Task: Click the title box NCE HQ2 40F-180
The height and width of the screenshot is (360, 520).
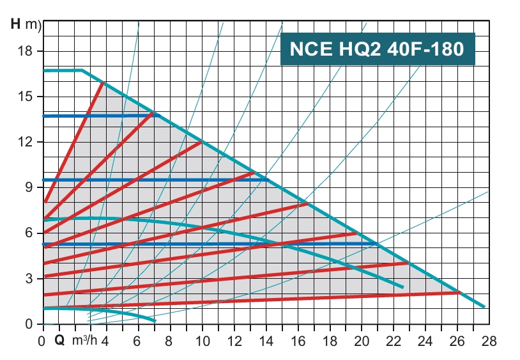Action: pos(377,49)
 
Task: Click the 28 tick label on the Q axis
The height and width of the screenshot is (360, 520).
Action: pos(489,341)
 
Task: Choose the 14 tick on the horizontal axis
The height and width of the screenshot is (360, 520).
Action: pos(264,341)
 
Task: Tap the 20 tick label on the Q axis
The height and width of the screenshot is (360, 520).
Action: pos(362,341)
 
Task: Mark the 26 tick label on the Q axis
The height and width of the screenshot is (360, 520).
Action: pos(457,341)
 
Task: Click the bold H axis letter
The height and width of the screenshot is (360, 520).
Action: pos(16,26)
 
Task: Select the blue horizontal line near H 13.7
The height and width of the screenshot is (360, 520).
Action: pos(96,116)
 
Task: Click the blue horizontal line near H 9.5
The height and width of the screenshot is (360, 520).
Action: pos(153,180)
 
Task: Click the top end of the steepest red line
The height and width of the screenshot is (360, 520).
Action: pos(103,82)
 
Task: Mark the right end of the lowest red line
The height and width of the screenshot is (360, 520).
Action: pos(459,292)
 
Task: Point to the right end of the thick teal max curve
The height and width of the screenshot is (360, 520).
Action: pos(484,307)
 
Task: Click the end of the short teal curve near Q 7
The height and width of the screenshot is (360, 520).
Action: pos(154,320)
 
